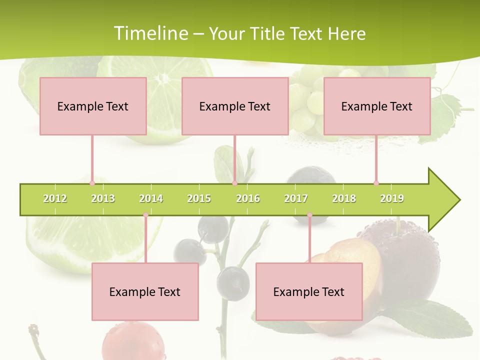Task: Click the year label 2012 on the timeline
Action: pyautogui.click(x=55, y=198)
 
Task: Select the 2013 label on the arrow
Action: pyautogui.click(x=103, y=198)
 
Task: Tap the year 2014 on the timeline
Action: pyautogui.click(x=151, y=198)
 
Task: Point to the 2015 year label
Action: pyautogui.click(x=199, y=198)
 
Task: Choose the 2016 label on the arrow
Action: pyautogui.click(x=248, y=198)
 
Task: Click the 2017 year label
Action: pyautogui.click(x=296, y=198)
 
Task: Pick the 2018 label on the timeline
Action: pyautogui.click(x=344, y=198)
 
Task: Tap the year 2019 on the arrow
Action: pyautogui.click(x=392, y=198)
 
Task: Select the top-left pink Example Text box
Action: pyautogui.click(x=93, y=106)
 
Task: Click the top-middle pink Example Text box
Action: pyautogui.click(x=235, y=106)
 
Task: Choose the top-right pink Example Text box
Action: pyautogui.click(x=377, y=106)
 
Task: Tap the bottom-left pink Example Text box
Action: pyautogui.click(x=145, y=291)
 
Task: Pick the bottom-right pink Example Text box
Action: pyautogui.click(x=309, y=291)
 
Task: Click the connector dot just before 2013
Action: pyautogui.click(x=92, y=183)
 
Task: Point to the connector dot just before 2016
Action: pyautogui.click(x=234, y=183)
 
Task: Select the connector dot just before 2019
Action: pyautogui.click(x=376, y=183)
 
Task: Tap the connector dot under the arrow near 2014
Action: pyautogui.click(x=145, y=215)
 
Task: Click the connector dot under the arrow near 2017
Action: pyautogui.click(x=309, y=215)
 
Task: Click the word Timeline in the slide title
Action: pyautogui.click(x=150, y=33)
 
